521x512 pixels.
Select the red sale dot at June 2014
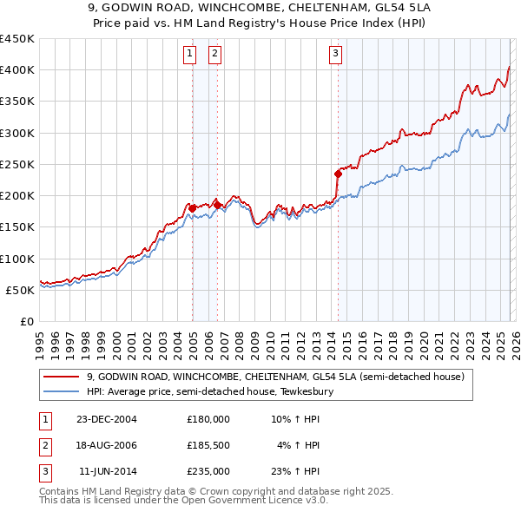(338, 174)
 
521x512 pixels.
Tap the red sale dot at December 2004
(192, 208)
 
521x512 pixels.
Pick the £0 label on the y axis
(26, 321)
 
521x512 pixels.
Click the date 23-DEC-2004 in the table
(107, 419)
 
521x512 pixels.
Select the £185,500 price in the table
(208, 445)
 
